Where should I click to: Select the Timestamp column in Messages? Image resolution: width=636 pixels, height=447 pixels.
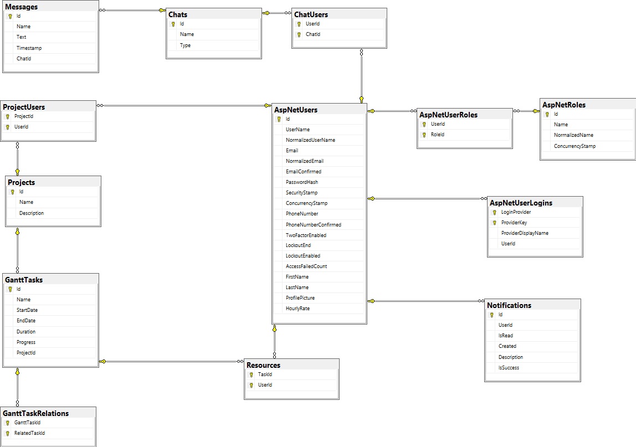click(x=29, y=48)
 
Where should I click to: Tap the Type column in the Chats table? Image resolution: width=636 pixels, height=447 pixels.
click(x=185, y=45)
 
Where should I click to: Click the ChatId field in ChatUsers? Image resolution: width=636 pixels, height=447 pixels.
click(x=313, y=34)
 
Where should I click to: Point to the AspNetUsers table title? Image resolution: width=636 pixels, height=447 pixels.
click(x=296, y=110)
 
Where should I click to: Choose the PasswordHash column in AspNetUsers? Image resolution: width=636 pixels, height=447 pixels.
click(x=302, y=182)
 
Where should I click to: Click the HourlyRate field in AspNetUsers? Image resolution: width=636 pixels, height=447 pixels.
click(x=298, y=309)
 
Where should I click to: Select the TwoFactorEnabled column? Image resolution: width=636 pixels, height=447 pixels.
click(x=306, y=235)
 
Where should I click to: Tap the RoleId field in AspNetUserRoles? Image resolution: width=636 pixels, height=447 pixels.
click(x=438, y=135)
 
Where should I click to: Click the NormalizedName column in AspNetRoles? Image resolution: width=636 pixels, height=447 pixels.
click(x=573, y=135)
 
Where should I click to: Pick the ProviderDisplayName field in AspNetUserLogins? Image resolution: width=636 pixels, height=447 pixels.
click(x=525, y=233)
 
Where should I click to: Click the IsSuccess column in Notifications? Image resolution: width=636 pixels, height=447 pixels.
click(x=509, y=368)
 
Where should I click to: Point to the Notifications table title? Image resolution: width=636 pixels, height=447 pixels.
click(x=509, y=305)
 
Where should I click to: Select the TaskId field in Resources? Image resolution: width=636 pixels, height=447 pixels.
click(x=265, y=374)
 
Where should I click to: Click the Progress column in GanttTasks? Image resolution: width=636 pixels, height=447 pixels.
click(x=26, y=342)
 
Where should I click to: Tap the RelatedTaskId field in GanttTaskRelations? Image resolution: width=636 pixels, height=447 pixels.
click(x=29, y=433)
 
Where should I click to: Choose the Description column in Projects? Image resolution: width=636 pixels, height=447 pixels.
click(x=32, y=213)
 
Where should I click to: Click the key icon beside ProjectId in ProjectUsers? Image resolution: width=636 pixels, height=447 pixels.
click(x=8, y=117)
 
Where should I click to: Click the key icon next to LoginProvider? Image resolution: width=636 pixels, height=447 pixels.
click(x=494, y=212)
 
